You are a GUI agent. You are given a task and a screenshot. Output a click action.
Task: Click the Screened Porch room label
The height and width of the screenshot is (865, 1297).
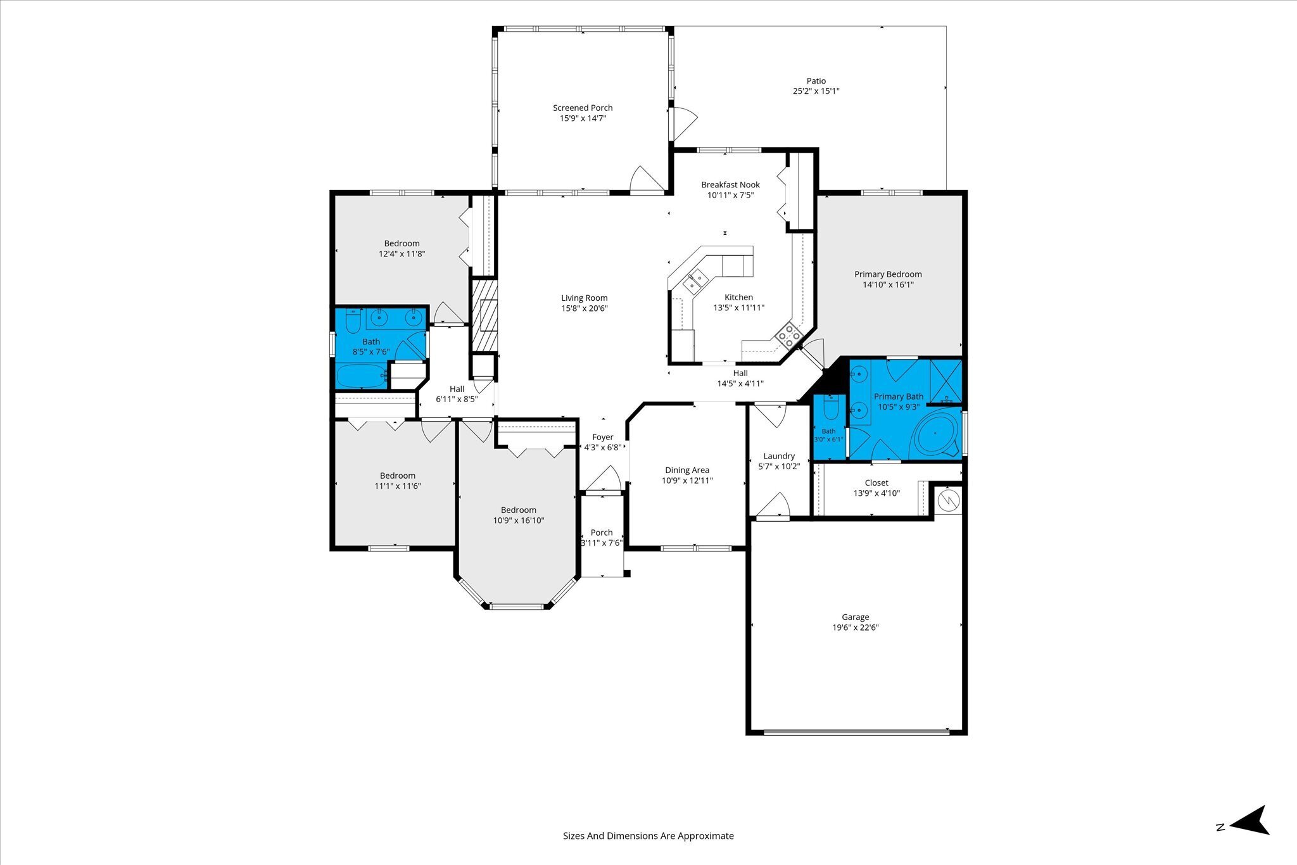(583, 108)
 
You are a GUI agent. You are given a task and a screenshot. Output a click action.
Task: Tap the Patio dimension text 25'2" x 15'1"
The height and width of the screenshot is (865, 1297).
(816, 91)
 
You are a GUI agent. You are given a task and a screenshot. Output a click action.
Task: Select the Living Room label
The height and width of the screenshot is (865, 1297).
(584, 298)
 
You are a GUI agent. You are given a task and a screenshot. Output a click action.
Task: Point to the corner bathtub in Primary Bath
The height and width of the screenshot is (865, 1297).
(935, 434)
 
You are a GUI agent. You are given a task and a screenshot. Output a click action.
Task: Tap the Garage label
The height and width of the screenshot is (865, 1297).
(855, 617)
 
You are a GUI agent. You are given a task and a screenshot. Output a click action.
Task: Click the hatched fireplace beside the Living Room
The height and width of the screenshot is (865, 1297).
(484, 315)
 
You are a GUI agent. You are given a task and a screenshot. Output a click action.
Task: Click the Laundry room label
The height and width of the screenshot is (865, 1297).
(779, 456)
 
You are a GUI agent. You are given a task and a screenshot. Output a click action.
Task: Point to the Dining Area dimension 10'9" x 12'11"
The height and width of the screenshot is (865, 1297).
(687, 481)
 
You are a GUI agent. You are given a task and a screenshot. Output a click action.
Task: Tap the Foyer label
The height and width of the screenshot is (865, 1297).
(602, 437)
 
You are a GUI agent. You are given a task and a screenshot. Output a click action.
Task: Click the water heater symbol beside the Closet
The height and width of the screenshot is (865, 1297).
(948, 502)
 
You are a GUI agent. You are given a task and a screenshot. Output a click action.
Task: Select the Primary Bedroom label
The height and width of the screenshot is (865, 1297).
(888, 274)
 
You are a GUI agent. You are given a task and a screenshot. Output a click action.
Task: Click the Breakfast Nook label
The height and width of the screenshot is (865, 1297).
(730, 185)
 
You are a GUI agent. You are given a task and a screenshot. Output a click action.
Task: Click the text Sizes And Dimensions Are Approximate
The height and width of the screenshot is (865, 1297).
(648, 836)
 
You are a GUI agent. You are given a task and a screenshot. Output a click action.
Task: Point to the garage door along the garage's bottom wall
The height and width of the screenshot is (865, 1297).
(856, 733)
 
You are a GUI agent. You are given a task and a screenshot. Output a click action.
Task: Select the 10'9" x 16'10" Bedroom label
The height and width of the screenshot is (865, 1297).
(519, 510)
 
